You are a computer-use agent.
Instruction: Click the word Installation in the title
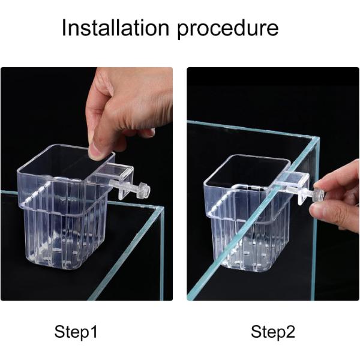[x=115, y=28]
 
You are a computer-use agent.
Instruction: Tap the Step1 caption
[x=76, y=332]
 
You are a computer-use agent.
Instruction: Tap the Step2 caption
[x=273, y=332]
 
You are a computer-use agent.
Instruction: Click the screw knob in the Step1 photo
[x=145, y=190]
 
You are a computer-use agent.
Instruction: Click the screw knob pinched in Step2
[x=319, y=195]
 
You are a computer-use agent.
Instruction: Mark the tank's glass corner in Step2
[x=317, y=139]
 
